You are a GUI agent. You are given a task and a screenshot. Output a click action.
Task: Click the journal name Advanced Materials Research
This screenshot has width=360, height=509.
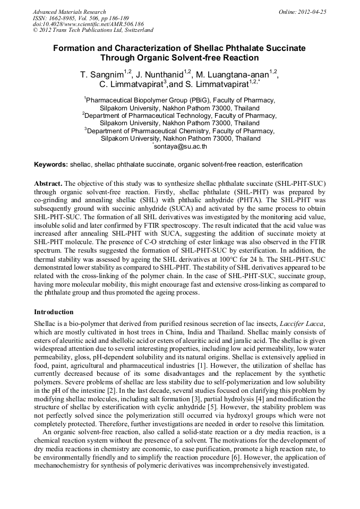pyautogui.click(x=69, y=12)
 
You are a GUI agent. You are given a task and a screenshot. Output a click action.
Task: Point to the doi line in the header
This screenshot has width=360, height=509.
pyautogui.click(x=88, y=24)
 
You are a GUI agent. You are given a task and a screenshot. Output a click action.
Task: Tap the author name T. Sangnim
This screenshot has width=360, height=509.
pyautogui.click(x=101, y=75)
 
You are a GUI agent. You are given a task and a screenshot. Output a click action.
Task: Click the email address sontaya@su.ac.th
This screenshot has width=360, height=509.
pyautogui.click(x=181, y=146)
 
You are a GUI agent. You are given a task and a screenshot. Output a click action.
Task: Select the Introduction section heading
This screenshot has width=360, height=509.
pyautogui.click(x=54, y=312)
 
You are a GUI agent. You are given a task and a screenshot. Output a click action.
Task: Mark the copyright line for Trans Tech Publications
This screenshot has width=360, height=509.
pyautogui.click(x=93, y=30)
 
